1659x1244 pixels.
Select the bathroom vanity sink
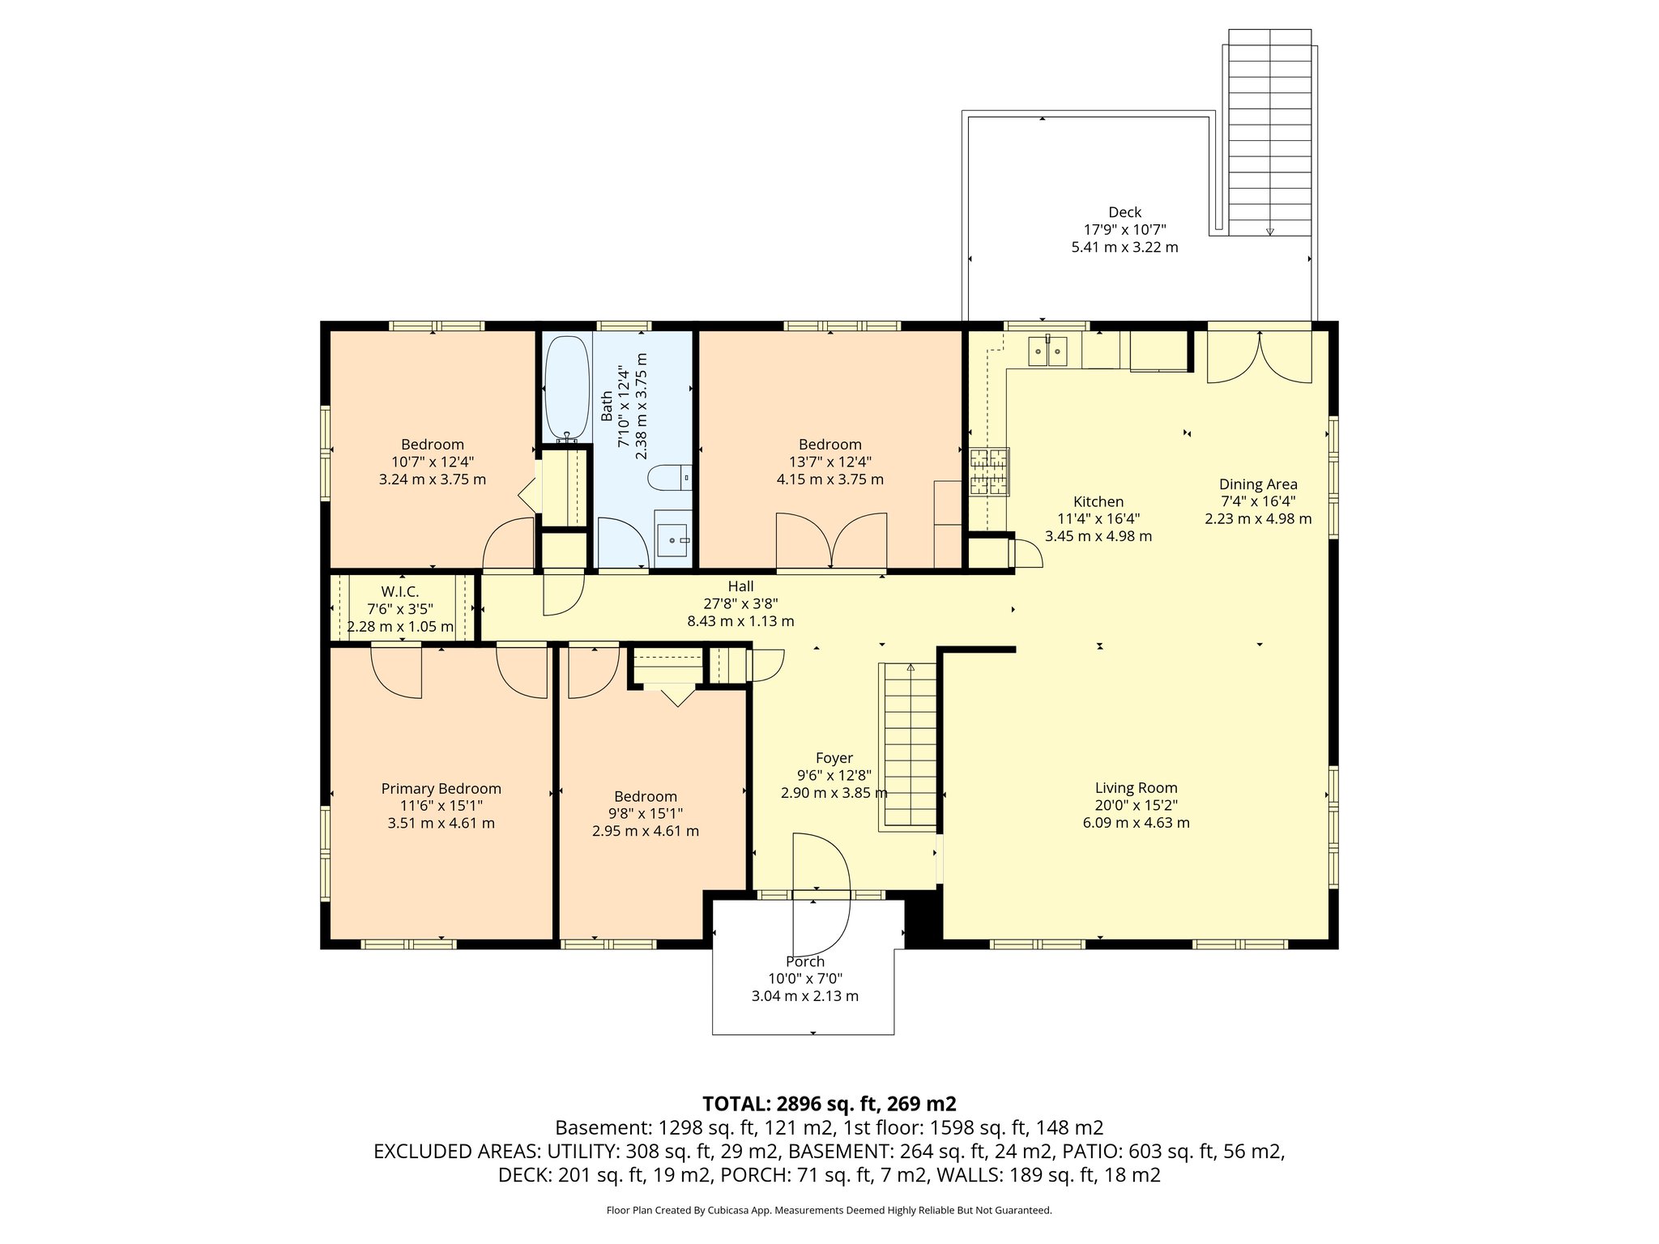(672, 536)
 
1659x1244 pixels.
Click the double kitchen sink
(1047, 351)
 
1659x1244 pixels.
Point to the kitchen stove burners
(989, 471)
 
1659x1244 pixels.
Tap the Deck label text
(1124, 212)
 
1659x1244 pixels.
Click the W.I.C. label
(399, 592)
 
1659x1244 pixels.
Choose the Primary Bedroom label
(441, 789)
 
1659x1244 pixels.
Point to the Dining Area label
(1257, 484)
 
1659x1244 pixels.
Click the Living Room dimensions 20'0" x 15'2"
(1136, 805)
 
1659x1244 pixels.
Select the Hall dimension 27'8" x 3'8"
(740, 603)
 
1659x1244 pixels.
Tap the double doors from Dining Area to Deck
(1259, 356)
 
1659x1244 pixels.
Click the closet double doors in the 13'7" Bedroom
(831, 540)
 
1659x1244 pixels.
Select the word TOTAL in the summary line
(736, 1104)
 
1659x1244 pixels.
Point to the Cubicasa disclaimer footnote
(829, 1211)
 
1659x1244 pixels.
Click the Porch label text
(804, 961)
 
